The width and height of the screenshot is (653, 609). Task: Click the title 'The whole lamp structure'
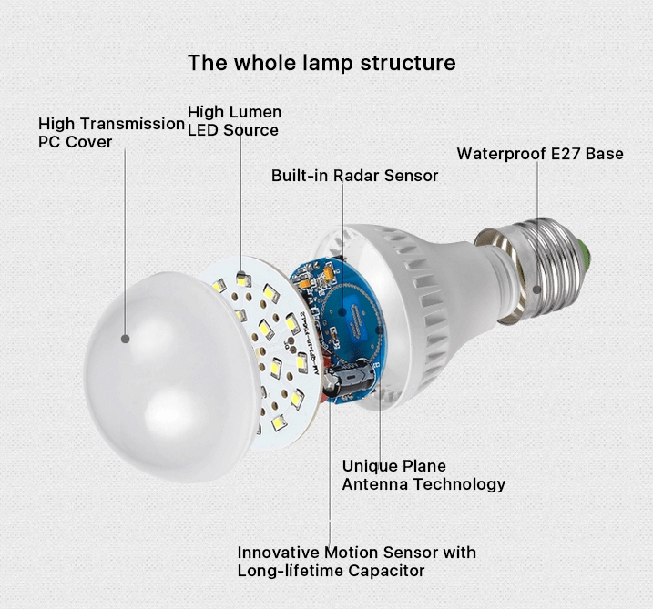pos(321,63)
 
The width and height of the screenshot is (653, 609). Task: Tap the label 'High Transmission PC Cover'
pos(111,133)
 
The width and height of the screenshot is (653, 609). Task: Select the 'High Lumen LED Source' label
pos(234,121)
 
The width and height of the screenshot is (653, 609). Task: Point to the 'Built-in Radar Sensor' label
pos(354,176)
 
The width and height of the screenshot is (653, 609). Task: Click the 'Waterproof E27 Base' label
pos(540,153)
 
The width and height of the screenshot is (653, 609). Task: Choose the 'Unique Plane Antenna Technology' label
pos(423,475)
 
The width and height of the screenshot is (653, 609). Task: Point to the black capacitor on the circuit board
pos(350,381)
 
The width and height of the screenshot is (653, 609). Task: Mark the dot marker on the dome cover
pos(125,338)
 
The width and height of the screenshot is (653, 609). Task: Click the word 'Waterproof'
pos(502,153)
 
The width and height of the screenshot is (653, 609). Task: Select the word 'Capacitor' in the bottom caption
pos(386,571)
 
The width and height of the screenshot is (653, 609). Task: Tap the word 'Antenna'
pos(376,484)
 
